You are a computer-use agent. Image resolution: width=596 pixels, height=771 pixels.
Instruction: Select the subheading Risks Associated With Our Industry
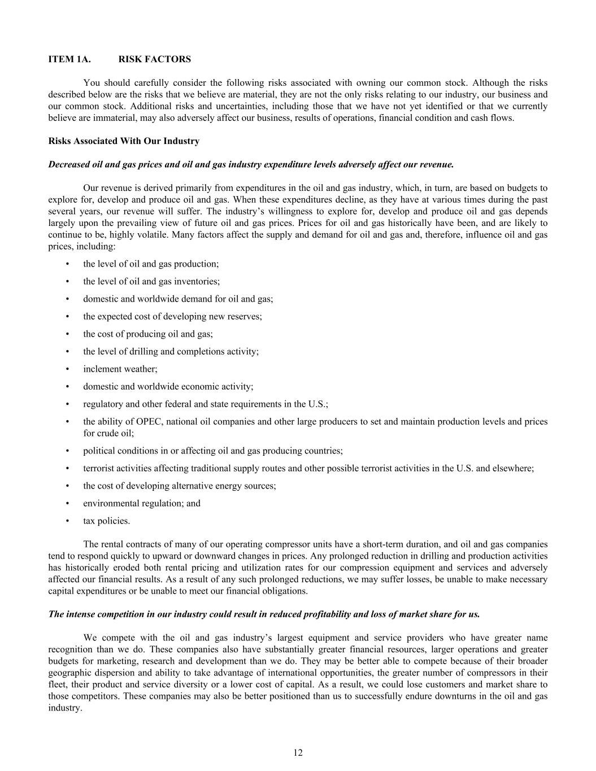click(x=124, y=141)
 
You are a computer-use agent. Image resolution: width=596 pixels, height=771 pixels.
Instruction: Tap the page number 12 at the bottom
click(x=298, y=752)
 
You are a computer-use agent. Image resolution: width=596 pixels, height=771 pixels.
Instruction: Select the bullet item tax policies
click(x=107, y=521)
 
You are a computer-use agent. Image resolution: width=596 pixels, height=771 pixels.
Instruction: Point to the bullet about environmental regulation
click(x=142, y=503)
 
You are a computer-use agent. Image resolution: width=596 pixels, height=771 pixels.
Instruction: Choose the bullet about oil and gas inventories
click(x=151, y=281)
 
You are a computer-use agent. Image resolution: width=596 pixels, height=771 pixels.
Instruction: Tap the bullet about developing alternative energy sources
click(x=180, y=486)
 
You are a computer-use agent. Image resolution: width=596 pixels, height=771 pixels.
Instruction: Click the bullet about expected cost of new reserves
click(x=172, y=316)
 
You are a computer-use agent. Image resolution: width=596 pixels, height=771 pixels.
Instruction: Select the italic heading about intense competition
click(x=264, y=614)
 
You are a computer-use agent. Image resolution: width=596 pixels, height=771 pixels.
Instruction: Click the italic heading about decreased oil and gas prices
click(x=251, y=165)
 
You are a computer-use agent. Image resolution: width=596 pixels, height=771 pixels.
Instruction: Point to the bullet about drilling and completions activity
click(x=171, y=351)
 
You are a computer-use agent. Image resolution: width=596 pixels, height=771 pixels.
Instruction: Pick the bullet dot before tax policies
click(x=68, y=521)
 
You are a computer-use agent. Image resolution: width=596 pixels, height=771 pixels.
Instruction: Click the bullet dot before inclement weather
click(x=68, y=369)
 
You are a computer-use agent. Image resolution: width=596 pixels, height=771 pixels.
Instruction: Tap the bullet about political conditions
click(x=213, y=451)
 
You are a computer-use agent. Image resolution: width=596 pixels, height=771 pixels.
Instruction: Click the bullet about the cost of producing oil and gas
click(x=148, y=334)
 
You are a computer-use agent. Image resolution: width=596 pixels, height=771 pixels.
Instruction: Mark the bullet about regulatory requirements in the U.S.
click(x=206, y=404)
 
